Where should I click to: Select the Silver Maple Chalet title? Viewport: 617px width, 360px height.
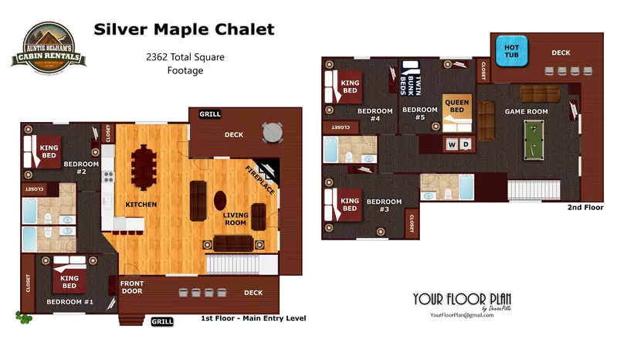pos(183,30)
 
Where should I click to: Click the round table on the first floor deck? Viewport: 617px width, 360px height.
pos(273,134)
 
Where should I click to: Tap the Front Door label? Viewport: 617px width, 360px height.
pos(132,288)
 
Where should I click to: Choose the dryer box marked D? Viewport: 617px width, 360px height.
pos(466,144)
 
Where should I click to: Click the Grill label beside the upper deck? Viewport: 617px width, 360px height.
pos(210,114)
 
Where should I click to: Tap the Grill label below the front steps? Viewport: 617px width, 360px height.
pos(162,321)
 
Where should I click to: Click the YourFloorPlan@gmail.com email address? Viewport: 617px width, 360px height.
pos(462,315)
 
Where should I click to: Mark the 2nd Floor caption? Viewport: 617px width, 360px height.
pos(585,208)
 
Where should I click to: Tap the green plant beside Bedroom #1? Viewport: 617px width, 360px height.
pos(23,316)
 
